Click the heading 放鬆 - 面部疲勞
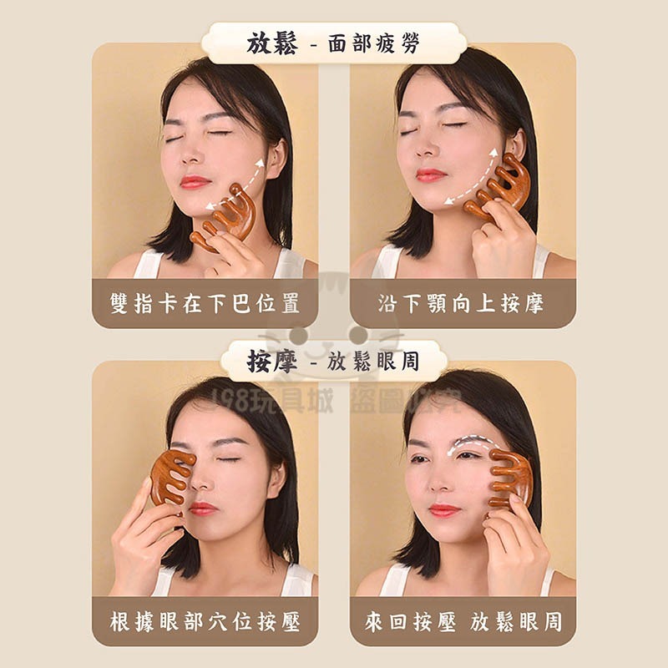coord(333,43)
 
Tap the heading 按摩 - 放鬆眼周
coord(333,362)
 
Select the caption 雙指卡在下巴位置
coord(205,303)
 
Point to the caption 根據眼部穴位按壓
coord(205,621)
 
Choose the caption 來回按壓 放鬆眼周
coord(463,621)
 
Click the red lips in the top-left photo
coord(195,181)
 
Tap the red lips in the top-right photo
coord(432,175)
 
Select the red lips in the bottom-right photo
coord(443,509)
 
